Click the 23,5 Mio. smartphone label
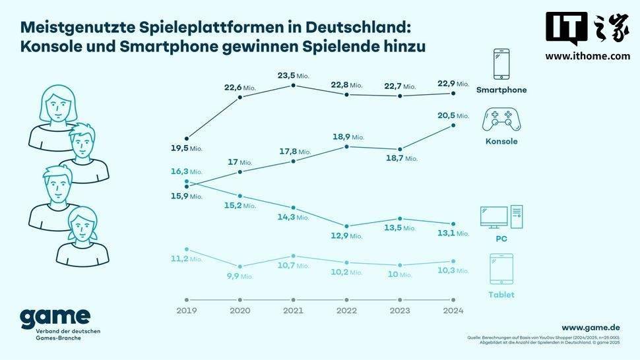pos(294,76)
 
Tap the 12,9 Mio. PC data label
pos(346,235)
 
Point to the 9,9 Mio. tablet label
pos(240,276)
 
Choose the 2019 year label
pos(187,311)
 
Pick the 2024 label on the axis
pos(453,311)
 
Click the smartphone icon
pos(501,65)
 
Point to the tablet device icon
pos(501,270)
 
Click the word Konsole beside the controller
pos(501,142)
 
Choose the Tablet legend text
pos(501,295)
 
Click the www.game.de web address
pos(591,327)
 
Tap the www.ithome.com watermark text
pos(587,56)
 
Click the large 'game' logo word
pos(55,318)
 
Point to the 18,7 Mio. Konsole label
pos(401,159)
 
